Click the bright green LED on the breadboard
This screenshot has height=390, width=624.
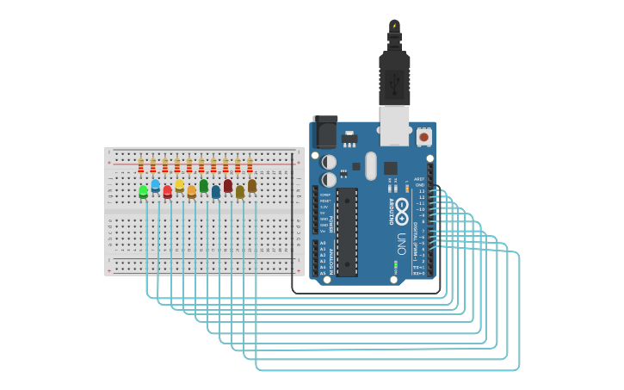143,191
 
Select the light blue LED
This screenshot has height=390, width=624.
155,184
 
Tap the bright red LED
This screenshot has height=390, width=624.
167,191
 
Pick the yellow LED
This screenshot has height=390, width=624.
179,184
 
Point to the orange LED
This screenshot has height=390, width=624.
191,191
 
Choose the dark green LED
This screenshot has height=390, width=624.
203,184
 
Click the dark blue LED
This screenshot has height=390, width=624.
215,191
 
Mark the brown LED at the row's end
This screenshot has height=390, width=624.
251,184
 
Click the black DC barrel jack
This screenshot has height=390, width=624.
324,132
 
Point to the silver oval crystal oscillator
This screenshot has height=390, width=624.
371,165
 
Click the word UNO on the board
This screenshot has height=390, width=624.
401,238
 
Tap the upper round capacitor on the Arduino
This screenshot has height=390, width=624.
329,162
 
